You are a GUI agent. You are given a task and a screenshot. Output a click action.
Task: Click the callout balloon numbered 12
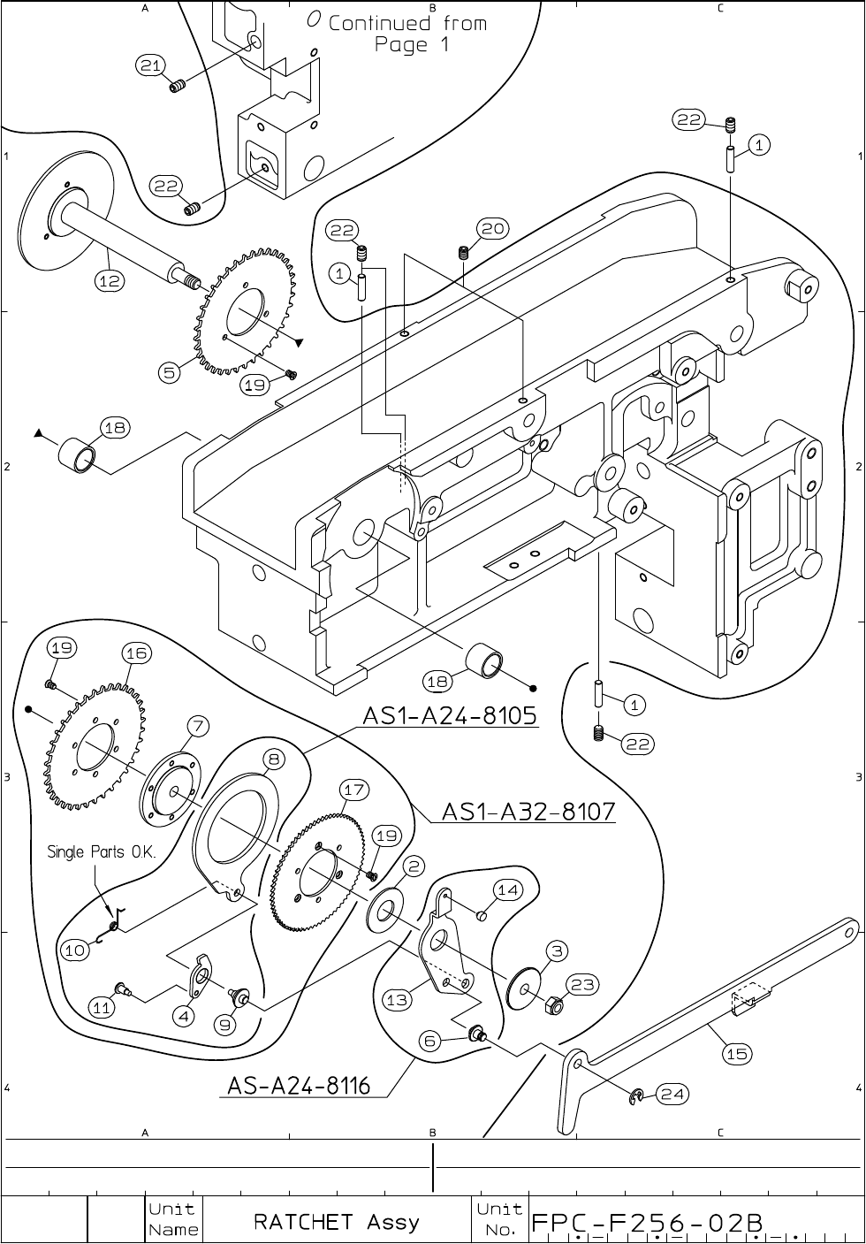tap(110, 280)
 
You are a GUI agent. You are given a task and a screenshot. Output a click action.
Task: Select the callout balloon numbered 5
tap(168, 372)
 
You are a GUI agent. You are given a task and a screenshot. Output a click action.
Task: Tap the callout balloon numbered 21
tap(151, 65)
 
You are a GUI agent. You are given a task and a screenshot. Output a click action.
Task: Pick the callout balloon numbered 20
tap(493, 229)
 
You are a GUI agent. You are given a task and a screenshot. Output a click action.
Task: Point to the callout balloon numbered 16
tap(136, 653)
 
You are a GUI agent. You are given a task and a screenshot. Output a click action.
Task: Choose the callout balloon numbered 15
tap(737, 1053)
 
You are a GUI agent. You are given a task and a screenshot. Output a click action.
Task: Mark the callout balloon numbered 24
tap(672, 1095)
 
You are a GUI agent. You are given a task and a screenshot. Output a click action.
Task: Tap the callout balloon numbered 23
tap(584, 984)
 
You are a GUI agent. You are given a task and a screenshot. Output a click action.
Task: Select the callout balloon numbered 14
tap(507, 890)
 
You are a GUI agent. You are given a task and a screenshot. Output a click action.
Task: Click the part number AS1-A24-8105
tap(450, 716)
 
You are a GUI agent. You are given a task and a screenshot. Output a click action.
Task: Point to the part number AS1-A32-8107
tap(528, 811)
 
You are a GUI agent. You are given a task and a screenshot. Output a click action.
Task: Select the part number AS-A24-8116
tap(299, 1085)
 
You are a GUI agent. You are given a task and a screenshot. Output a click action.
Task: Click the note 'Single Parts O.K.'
tap(102, 852)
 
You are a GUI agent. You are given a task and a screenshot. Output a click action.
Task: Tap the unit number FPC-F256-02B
tap(645, 1223)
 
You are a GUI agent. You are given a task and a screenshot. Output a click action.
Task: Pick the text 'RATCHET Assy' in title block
tap(337, 1222)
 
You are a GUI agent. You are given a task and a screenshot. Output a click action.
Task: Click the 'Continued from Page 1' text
tap(407, 34)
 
